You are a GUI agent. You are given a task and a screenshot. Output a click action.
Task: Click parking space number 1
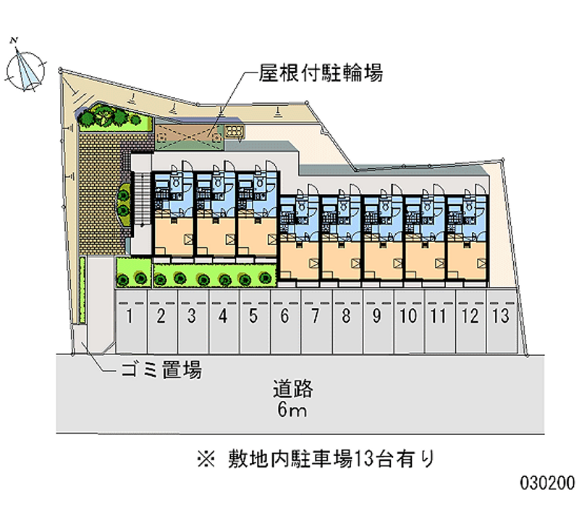(130, 316)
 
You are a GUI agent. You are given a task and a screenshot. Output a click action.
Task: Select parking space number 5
(254, 316)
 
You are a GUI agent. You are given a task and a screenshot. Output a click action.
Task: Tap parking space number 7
(316, 316)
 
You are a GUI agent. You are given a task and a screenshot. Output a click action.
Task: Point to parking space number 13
(502, 316)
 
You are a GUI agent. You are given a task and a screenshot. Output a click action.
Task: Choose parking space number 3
(192, 316)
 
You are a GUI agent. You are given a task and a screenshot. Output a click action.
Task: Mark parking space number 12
(470, 316)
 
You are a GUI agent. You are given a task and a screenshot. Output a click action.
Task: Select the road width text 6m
(292, 412)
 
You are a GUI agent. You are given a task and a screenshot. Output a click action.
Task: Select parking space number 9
(377, 316)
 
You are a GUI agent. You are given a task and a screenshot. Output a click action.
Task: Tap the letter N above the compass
(14, 41)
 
